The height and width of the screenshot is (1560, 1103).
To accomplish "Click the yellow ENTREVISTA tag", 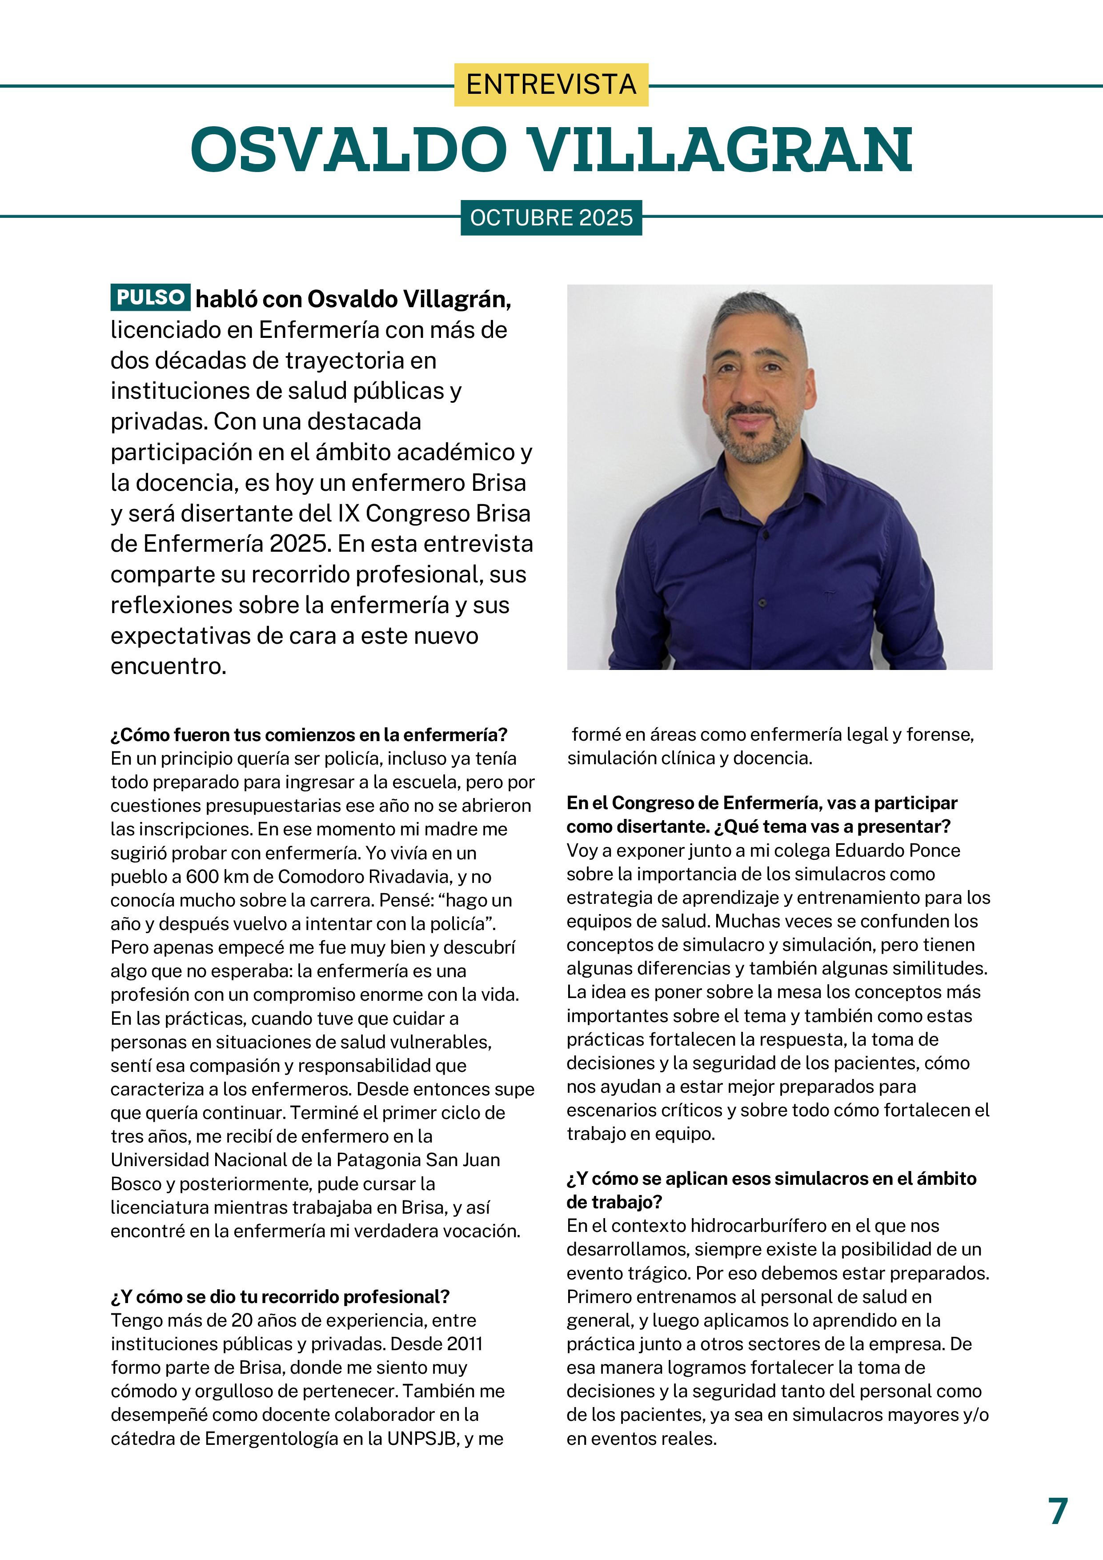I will point(551,85).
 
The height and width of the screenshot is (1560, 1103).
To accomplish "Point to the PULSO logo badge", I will point(150,297).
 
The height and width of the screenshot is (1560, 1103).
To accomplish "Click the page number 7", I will point(1058,1511).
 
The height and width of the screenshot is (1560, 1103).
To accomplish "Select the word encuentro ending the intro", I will point(168,666).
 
